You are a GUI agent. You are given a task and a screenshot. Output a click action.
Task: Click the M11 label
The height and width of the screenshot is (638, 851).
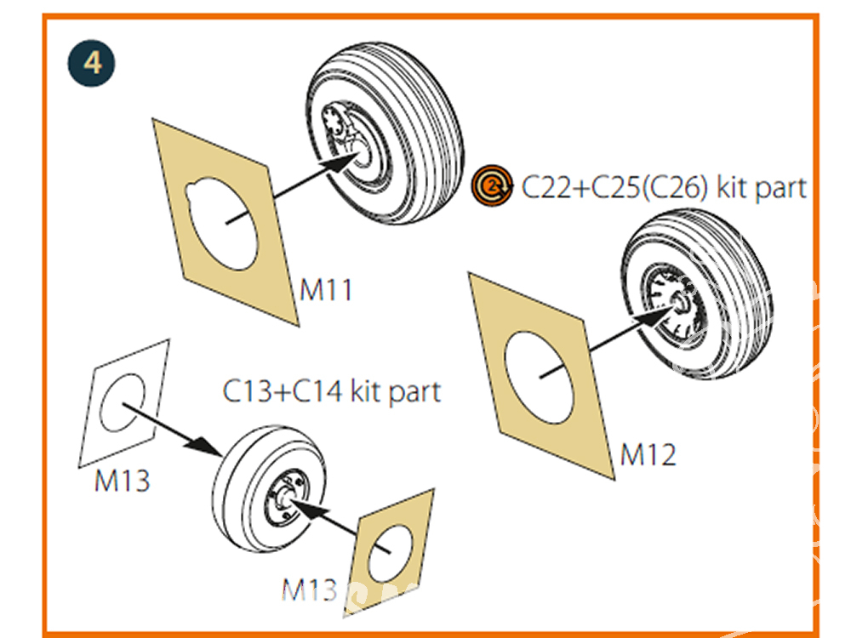click(x=326, y=290)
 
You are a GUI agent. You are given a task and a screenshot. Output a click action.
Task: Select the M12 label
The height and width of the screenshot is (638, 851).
click(x=648, y=455)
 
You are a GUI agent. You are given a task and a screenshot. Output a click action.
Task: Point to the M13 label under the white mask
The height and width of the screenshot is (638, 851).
click(x=122, y=481)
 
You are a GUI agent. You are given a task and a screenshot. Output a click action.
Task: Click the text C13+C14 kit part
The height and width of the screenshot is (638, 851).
click(x=332, y=392)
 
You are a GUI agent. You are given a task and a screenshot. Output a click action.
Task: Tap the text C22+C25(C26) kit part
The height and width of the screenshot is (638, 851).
click(x=664, y=186)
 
